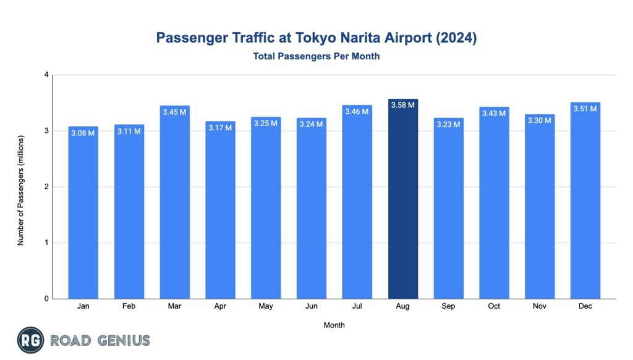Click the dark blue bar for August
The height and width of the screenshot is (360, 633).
pyautogui.click(x=403, y=204)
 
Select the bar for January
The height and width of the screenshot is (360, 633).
pyautogui.click(x=83, y=216)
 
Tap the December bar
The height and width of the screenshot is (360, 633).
pyautogui.click(x=585, y=204)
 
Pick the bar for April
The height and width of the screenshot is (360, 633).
pyautogui.click(x=220, y=213)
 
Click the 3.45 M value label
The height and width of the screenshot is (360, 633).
pyautogui.click(x=174, y=112)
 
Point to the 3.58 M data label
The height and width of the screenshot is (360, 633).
pyautogui.click(x=403, y=105)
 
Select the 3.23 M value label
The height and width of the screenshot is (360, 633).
pyautogui.click(x=449, y=124)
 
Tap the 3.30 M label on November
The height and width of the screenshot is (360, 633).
pyautogui.click(x=540, y=120)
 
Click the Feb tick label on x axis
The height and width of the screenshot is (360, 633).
pyautogui.click(x=129, y=306)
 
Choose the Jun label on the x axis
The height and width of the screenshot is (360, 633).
pyautogui.click(x=312, y=306)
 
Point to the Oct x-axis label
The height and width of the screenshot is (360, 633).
pyautogui.click(x=494, y=306)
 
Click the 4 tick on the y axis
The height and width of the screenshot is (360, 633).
pyautogui.click(x=46, y=75)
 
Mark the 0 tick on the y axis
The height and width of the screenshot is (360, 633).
pyautogui.click(x=46, y=299)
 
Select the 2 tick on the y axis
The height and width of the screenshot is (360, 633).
pyautogui.click(x=46, y=187)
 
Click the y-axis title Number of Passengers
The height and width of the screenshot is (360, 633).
pyautogui.click(x=20, y=187)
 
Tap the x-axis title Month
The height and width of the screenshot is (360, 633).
pyautogui.click(x=334, y=325)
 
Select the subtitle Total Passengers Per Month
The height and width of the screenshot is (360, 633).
pyautogui.click(x=316, y=56)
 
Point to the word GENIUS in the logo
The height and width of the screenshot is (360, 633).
pyautogui.click(x=123, y=340)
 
